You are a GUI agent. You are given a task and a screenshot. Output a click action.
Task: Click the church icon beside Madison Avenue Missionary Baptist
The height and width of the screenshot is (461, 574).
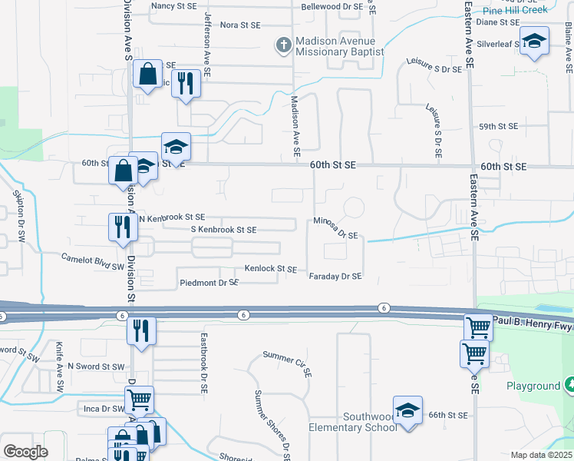[283, 45]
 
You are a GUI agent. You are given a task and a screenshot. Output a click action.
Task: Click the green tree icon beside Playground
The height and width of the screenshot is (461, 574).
[569, 383]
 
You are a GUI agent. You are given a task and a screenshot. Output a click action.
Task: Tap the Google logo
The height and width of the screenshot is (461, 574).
[25, 451]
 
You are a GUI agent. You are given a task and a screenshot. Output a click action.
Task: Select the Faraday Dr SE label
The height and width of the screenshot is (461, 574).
[335, 276]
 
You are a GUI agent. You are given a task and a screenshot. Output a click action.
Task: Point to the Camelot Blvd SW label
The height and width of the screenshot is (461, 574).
[92, 262]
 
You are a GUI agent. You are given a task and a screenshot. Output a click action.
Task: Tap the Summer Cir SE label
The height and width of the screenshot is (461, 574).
[286, 363]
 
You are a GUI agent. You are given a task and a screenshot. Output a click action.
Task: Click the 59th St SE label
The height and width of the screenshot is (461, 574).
[499, 126]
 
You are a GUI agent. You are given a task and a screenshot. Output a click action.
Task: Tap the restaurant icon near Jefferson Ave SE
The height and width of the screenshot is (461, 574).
[184, 82]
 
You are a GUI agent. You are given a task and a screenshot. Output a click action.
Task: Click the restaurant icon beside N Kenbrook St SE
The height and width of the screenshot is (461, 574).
[121, 227]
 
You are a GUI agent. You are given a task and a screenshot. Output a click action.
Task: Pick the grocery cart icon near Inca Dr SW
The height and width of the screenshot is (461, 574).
[139, 400]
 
